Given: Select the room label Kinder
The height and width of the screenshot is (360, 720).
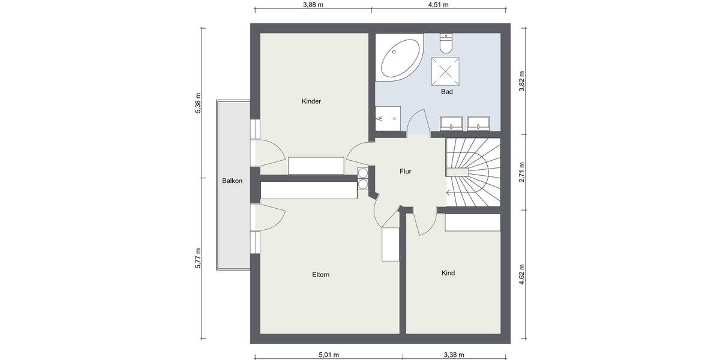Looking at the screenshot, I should tap(311, 101).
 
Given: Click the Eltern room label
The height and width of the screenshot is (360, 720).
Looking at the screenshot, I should tap(321, 275).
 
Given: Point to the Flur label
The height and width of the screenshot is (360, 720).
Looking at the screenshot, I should tap(406, 171).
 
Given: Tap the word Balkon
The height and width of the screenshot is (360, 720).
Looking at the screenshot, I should tap(232, 181).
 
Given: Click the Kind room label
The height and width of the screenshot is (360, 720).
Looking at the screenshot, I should tap(448, 273).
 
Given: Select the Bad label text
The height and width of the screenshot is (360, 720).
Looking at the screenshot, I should tap(446, 92).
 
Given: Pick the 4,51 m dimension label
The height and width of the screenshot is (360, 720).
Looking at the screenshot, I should tap(438, 4).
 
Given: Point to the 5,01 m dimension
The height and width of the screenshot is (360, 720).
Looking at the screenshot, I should tap(328, 355).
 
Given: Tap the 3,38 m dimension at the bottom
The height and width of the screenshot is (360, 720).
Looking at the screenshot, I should tap(455, 355).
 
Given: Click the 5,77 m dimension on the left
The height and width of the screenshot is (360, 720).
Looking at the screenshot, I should tap(198, 258).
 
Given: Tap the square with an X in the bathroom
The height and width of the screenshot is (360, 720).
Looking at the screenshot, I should tap(446, 71).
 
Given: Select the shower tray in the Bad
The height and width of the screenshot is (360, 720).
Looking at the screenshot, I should tap(388, 118).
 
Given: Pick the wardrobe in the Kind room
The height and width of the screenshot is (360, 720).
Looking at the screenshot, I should tap(473, 222).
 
